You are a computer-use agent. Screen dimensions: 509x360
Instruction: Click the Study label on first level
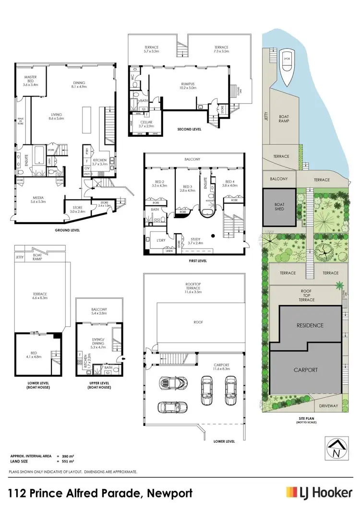tap(195, 240)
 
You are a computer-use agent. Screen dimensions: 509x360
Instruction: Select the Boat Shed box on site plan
tap(279, 207)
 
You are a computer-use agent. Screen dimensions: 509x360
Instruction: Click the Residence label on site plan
tap(310, 325)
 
